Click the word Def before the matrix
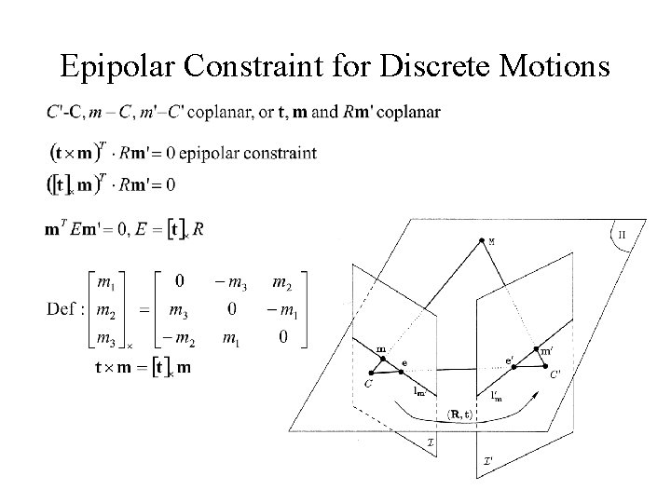coord(62,308)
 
